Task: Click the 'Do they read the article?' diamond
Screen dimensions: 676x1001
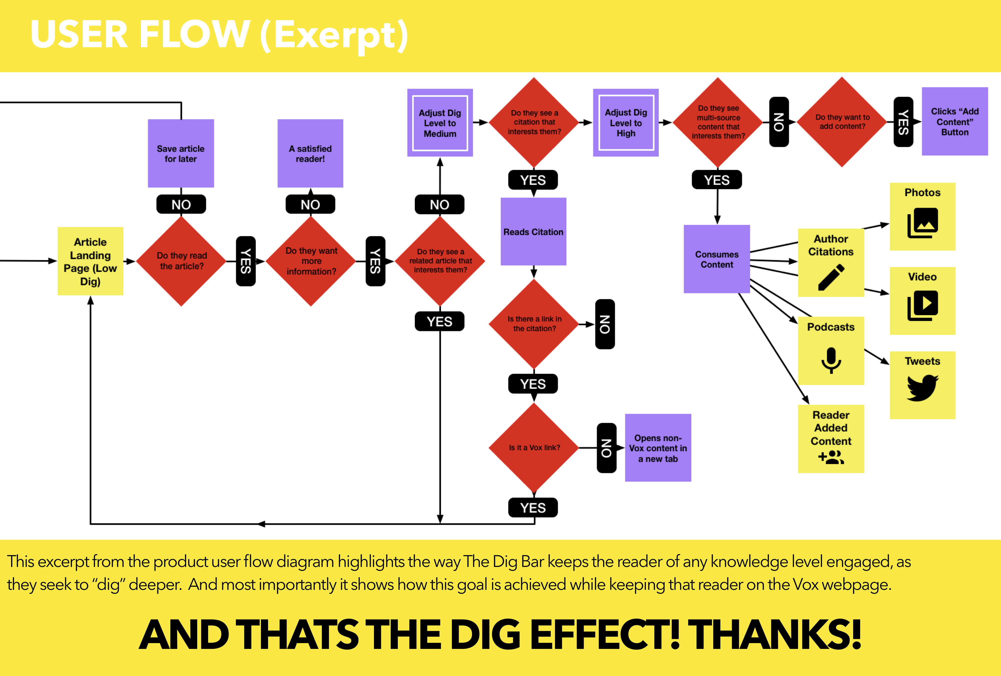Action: coord(181,261)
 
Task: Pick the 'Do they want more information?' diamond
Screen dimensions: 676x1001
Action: coord(311,261)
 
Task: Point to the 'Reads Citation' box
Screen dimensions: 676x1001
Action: coord(533,232)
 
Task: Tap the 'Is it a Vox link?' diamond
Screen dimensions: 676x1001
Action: coord(534,448)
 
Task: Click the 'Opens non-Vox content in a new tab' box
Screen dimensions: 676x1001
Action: coord(658,448)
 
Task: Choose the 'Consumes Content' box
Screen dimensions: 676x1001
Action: coord(717,259)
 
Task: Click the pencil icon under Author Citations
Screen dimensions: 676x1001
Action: coord(831,278)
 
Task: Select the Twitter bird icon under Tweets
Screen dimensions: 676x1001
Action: coord(922,387)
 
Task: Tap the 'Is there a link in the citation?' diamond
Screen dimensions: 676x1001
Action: coord(534,324)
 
